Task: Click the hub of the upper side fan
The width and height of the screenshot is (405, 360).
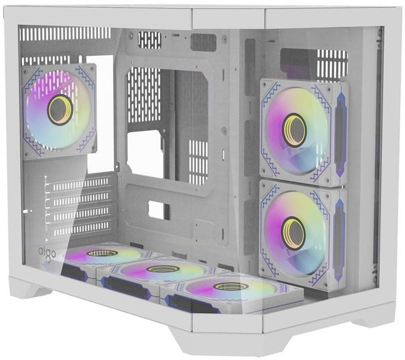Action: (x=293, y=130)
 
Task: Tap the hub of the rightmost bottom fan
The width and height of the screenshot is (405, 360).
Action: (x=230, y=286)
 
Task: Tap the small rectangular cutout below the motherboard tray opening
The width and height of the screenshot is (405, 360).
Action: (x=158, y=210)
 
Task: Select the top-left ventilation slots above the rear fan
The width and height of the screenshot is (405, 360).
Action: (x=65, y=33)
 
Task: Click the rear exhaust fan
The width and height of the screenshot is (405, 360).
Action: (x=59, y=110)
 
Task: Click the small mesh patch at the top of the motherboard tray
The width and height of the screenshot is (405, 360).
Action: (x=149, y=39)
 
